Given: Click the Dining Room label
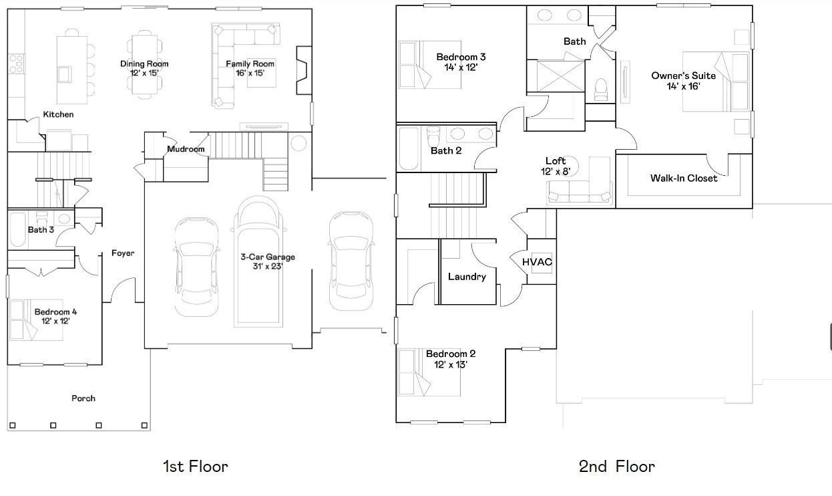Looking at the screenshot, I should [144, 64].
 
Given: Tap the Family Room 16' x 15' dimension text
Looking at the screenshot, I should [250, 73].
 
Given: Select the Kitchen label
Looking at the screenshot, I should [58, 114].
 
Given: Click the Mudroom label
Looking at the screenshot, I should [186, 149].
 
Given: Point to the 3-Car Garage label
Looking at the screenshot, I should [267, 257].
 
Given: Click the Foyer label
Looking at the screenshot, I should [123, 253].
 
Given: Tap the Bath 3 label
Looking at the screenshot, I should [41, 229].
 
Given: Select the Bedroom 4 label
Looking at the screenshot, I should [55, 312].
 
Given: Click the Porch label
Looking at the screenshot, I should [83, 398].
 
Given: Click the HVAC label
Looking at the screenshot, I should [537, 261].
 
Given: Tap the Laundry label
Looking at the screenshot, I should [467, 276].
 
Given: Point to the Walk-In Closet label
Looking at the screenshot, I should [684, 178].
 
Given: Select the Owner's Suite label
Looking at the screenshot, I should [683, 76].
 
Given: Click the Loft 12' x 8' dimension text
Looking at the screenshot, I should [556, 170].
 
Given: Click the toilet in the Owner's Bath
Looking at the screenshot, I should [601, 89].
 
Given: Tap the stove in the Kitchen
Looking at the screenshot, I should [16, 64].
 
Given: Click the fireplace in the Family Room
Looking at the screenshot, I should [303, 69].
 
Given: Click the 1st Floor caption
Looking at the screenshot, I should [195, 466].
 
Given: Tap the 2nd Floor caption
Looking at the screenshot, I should [616, 466].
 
